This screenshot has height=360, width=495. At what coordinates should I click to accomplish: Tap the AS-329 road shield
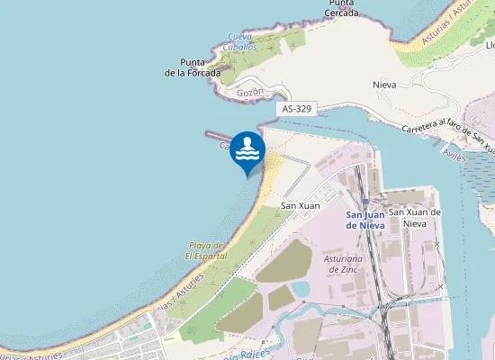(x=297, y=108)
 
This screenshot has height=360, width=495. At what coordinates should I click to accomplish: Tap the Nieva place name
(x=384, y=85)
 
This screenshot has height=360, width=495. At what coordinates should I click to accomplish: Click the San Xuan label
(x=301, y=206)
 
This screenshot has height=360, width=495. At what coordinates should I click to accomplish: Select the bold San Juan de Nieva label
(x=366, y=220)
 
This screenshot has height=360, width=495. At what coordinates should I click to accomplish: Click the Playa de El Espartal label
(x=206, y=250)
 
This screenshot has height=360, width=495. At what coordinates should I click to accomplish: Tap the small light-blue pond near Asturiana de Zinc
(x=301, y=288)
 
